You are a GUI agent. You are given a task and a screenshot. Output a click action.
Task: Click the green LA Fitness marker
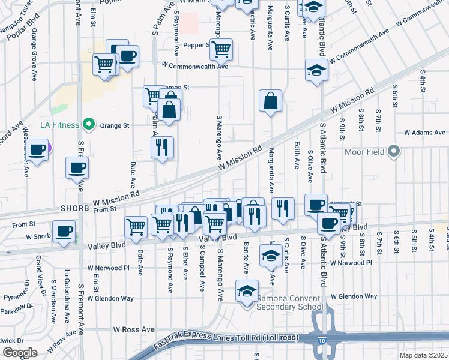[89, 125]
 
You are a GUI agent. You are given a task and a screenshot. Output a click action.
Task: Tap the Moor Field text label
[366, 151]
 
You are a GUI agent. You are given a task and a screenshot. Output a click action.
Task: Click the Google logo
[19, 353]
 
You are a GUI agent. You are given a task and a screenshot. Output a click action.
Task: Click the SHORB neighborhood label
[75, 208]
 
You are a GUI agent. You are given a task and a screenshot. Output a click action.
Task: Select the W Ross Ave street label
[134, 329]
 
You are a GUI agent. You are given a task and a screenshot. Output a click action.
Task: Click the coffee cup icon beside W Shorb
[64, 231]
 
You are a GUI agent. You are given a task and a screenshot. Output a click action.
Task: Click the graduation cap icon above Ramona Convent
[246, 290]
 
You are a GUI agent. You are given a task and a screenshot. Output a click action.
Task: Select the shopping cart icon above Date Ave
[136, 226]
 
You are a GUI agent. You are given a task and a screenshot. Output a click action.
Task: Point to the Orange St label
[115, 125]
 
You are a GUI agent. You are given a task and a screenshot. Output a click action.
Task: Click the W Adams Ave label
[424, 132]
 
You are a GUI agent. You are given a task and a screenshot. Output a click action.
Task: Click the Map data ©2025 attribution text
[423, 355]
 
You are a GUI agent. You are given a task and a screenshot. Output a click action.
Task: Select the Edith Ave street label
[297, 155]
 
